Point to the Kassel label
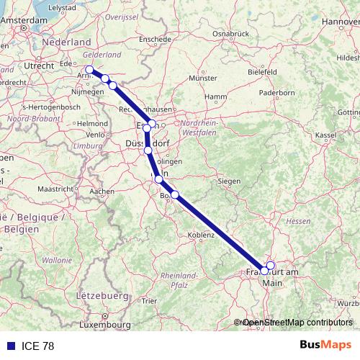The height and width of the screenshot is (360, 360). (326, 135)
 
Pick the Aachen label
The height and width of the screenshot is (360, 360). (103, 192)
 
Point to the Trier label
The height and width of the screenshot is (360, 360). (148, 301)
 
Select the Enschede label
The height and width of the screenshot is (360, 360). (155, 39)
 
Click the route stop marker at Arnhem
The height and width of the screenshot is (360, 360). (89, 70)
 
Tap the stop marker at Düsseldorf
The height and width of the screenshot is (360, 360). (148, 150)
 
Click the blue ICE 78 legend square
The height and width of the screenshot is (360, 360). (11, 346)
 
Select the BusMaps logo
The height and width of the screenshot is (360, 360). (325, 346)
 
